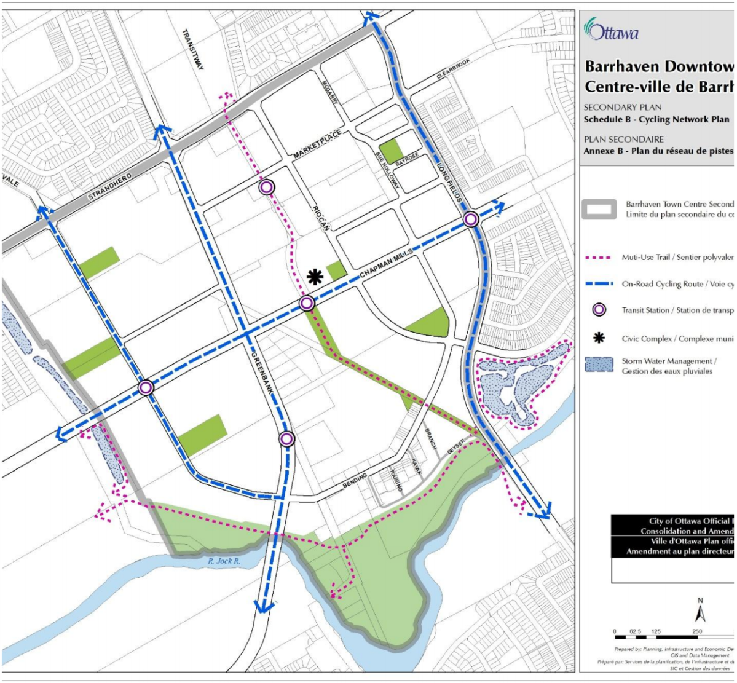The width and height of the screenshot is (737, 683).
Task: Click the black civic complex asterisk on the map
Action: click(x=315, y=277)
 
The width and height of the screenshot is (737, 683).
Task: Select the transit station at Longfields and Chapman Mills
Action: click(x=471, y=219)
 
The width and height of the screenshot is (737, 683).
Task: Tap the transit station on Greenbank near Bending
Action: click(x=286, y=438)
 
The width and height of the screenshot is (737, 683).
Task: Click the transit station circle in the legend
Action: click(x=598, y=310)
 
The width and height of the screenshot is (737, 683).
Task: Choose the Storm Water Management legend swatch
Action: click(x=599, y=366)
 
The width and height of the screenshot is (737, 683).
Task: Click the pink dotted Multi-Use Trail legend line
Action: click(x=599, y=258)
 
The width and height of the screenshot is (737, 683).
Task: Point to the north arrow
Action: click(x=700, y=613)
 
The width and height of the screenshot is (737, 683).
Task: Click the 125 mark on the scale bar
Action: click(x=656, y=631)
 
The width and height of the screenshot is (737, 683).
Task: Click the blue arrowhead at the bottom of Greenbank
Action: click(x=264, y=606)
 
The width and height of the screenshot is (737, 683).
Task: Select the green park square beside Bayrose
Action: click(x=390, y=151)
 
